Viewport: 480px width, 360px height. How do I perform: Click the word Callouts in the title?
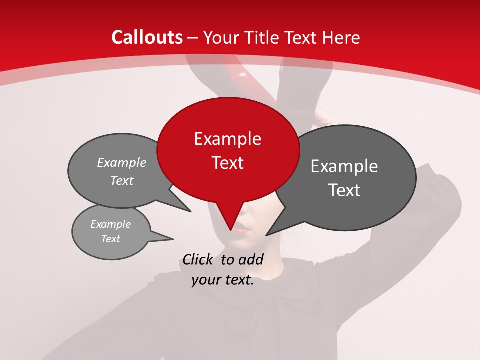tap(147, 37)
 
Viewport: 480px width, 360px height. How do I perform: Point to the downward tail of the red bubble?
tap(231, 220)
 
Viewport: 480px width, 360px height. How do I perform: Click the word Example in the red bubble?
tap(228, 139)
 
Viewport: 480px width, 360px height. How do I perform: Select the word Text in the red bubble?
tap(228, 163)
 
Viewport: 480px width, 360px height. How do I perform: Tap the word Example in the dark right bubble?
tap(344, 166)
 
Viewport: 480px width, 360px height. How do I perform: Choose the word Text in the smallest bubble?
tap(111, 239)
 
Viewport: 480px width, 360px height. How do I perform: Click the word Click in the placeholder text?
tap(198, 259)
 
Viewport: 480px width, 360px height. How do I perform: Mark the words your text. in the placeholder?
tap(223, 280)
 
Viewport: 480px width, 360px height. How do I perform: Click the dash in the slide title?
tap(193, 37)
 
